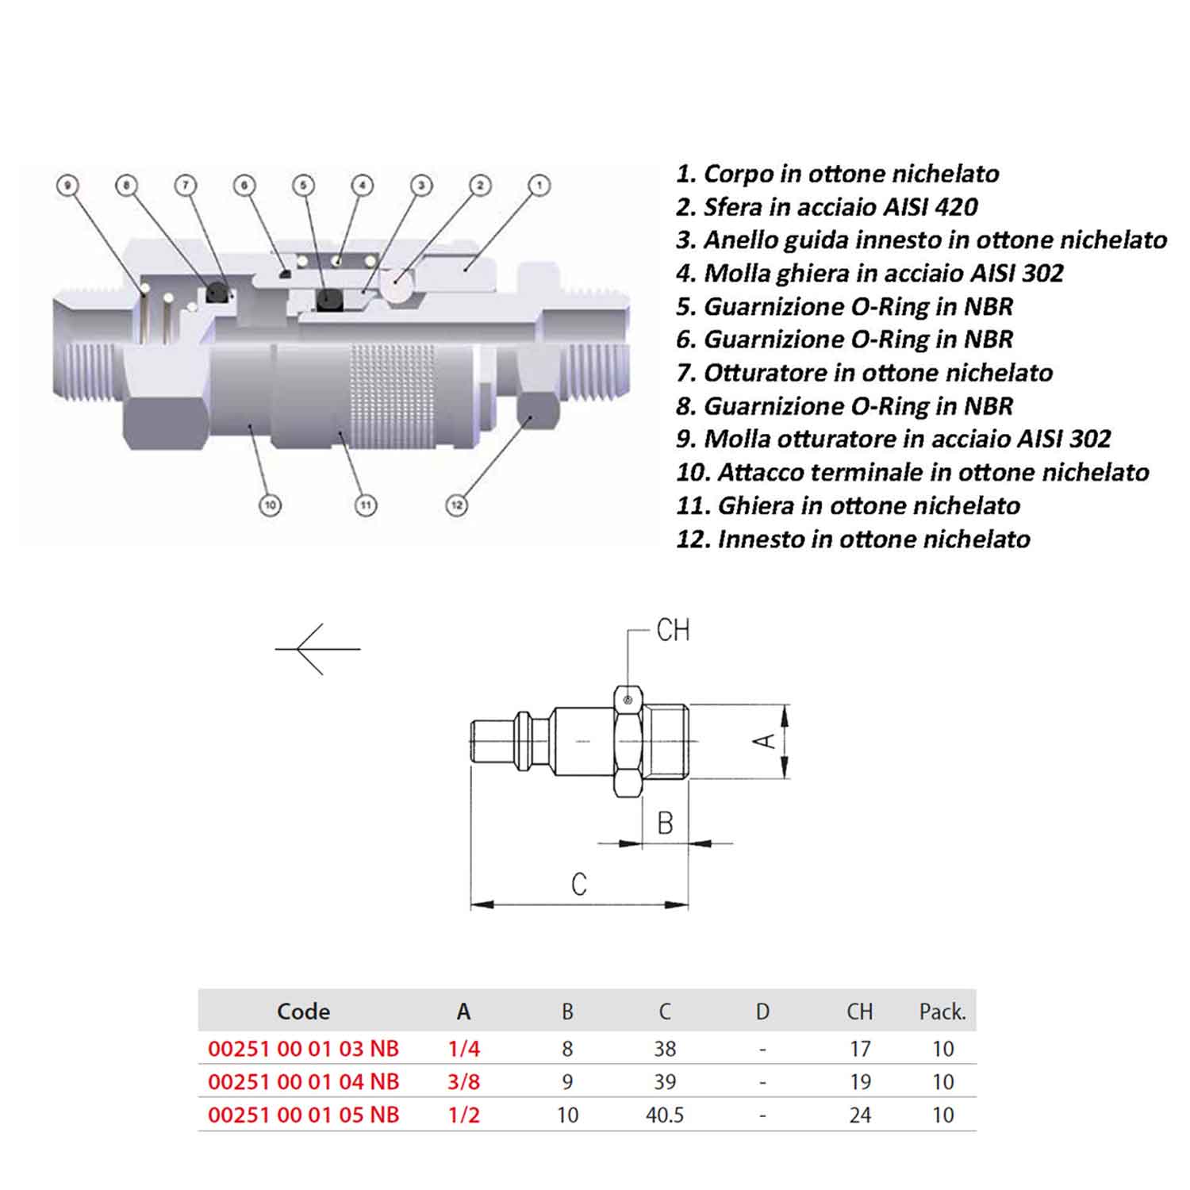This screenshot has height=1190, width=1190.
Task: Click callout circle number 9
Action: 67,186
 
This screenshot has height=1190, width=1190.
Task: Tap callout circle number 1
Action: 539,186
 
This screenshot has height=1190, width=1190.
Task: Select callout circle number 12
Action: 456,505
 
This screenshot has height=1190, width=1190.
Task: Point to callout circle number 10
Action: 270,505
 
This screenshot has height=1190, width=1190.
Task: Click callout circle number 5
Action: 304,186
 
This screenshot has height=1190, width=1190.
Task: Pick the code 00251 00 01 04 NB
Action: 303,1081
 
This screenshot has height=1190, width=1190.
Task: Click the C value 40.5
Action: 665,1115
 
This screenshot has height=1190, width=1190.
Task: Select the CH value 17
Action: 860,1049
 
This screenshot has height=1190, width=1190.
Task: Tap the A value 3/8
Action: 464,1081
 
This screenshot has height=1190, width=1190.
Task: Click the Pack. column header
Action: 942,1011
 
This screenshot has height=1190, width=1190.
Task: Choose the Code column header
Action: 304,1011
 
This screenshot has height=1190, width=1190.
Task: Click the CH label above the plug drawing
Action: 673,631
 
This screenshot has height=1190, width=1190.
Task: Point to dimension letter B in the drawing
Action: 666,823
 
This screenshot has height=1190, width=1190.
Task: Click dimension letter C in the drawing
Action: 579,884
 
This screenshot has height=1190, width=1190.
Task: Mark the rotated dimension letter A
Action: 764,741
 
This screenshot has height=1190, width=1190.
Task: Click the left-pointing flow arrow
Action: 317,649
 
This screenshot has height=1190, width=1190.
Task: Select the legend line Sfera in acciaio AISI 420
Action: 827,207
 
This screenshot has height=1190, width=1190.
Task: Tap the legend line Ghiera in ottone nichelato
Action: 848,506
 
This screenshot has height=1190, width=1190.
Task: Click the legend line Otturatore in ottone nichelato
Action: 865,373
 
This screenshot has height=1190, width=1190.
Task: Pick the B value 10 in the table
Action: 567,1115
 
